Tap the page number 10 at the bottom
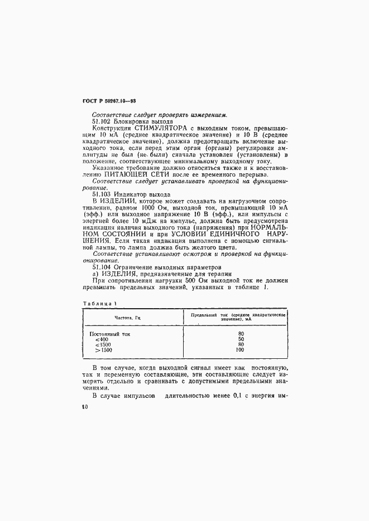pos(85,407)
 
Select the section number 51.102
pos(101,121)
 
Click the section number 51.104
pos(101,266)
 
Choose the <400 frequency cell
pos(102,339)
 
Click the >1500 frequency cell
pos(103,350)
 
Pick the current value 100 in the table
pos(241,350)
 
